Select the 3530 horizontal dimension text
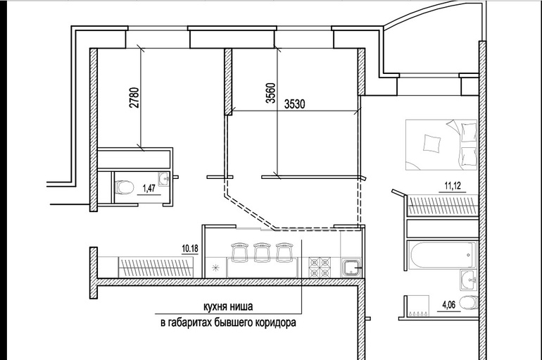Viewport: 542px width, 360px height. click(x=297, y=104)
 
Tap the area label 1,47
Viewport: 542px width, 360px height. click(x=149, y=187)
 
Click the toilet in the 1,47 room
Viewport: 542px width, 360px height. click(x=124, y=187)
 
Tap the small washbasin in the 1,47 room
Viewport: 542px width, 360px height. click(x=164, y=179)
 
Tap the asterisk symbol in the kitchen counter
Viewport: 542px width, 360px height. click(x=215, y=267)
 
